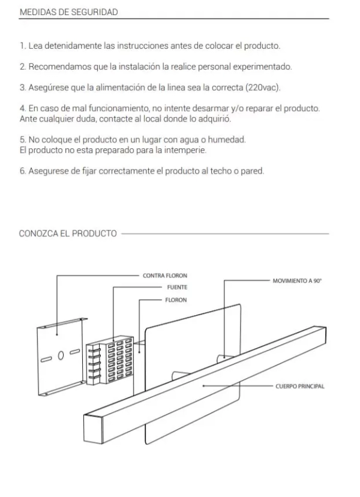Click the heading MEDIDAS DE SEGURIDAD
(x=68, y=11)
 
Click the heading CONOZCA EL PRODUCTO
(x=68, y=233)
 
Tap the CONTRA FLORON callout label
(x=165, y=276)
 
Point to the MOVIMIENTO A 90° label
(x=298, y=280)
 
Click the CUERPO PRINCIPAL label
(x=300, y=386)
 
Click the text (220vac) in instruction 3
(x=263, y=88)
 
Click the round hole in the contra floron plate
(x=61, y=355)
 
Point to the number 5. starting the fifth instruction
(x=23, y=139)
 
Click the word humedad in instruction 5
(x=230, y=139)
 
